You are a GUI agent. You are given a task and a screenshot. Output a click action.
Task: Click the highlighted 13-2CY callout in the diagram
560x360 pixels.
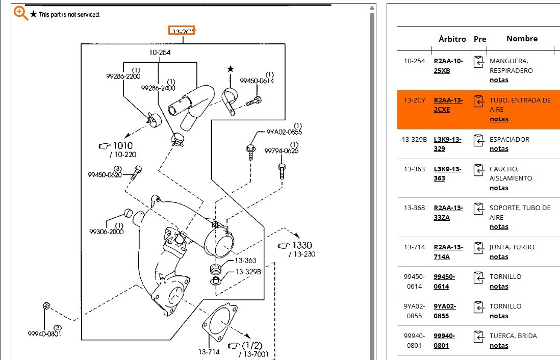pyautogui.click(x=182, y=31)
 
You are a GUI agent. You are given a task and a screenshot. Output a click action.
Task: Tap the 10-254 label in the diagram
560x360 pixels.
pyautogui.click(x=160, y=53)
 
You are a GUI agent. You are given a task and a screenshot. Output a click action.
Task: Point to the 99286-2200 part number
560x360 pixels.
pyautogui.click(x=123, y=76)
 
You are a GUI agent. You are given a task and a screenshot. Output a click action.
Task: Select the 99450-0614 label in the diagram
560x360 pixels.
pyautogui.click(x=257, y=81)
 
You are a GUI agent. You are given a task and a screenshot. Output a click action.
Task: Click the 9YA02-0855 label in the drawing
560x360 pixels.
pyautogui.click(x=285, y=132)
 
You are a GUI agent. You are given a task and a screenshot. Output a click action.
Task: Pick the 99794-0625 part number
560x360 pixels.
pyautogui.click(x=281, y=151)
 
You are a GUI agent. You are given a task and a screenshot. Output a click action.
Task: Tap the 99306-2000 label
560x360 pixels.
pyautogui.click(x=106, y=232)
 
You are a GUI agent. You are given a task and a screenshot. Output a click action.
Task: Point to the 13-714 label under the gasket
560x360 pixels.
pyautogui.click(x=209, y=352)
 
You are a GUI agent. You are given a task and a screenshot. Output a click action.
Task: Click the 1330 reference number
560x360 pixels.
pyautogui.click(x=301, y=245)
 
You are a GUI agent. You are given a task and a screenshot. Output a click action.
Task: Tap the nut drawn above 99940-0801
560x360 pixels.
pyautogui.click(x=46, y=306)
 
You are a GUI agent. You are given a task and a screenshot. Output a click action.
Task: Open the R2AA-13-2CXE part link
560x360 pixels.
pyautogui.click(x=448, y=105)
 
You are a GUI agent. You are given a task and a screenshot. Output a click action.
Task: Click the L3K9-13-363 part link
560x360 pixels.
pyautogui.click(x=447, y=173)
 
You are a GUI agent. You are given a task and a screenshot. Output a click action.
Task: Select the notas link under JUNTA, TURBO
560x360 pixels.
pyautogui.click(x=499, y=257)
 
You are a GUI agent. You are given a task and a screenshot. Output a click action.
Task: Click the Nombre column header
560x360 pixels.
pyautogui.click(x=522, y=39)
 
